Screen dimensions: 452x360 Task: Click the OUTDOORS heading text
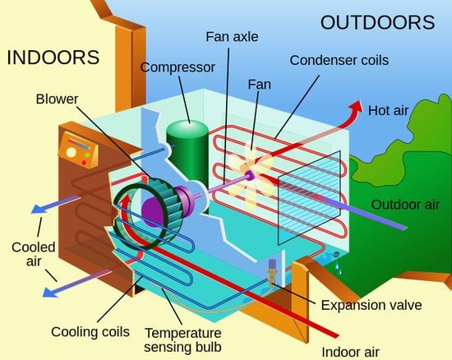[377, 22]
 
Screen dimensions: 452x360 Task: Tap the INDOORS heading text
[53, 58]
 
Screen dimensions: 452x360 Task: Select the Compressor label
[178, 67]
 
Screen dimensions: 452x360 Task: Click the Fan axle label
[232, 37]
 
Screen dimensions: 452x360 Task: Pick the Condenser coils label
[339, 60]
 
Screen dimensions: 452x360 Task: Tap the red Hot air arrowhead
[356, 107]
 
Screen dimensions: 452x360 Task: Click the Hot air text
[388, 110]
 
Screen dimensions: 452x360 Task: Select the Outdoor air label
[405, 205]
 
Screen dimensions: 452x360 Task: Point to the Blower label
[57, 99]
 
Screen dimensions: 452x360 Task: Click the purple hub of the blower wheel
[152, 211]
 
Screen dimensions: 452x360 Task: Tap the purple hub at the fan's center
[249, 175]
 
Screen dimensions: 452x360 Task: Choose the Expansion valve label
[371, 305]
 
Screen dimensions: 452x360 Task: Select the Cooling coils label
[90, 332]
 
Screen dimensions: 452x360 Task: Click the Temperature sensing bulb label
[182, 339]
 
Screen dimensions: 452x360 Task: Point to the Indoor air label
[350, 353]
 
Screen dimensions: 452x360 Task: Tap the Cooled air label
[34, 254]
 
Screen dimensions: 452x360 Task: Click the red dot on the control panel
[84, 163]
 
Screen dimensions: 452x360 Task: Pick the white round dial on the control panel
[71, 152]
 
